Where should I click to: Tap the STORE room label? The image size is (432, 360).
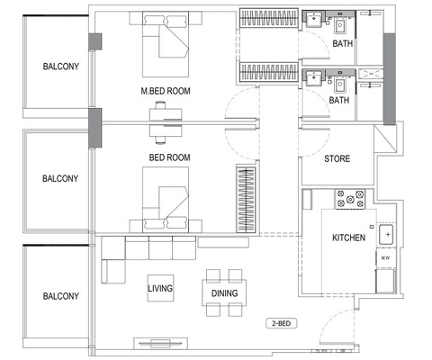click(337, 159)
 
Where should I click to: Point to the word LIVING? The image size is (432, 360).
click(160, 290)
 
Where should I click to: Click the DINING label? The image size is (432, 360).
click(224, 293)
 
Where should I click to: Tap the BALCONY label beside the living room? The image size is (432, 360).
click(61, 296)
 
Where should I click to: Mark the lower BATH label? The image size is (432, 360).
click(339, 101)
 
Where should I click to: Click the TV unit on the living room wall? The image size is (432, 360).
click(162, 342)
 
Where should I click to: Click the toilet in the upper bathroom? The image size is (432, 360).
click(343, 24)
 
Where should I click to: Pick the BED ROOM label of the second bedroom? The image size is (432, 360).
click(169, 157)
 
